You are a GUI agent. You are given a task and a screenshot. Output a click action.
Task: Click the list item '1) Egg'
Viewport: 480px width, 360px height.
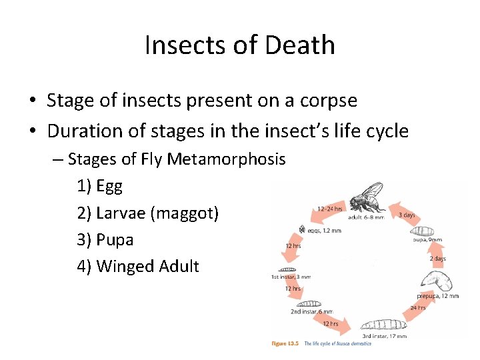coord(100,186)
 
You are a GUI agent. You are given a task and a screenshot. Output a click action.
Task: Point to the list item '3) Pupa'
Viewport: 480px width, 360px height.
coord(105,239)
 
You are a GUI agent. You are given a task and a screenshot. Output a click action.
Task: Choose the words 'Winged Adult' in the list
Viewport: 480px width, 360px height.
coord(147,266)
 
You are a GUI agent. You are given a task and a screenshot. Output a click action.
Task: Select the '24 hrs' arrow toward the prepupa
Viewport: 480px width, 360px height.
coord(417,308)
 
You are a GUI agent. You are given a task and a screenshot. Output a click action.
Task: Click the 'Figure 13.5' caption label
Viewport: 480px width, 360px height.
coord(286,343)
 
